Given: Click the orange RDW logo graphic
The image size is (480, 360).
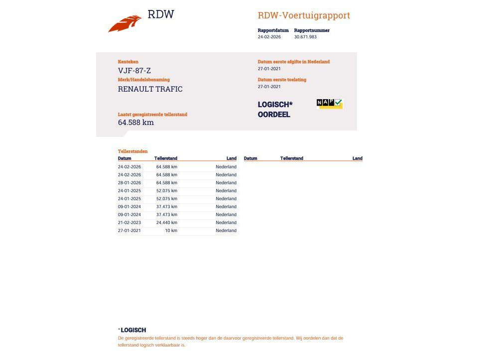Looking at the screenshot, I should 124,24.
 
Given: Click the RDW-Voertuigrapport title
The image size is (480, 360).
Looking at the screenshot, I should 304,15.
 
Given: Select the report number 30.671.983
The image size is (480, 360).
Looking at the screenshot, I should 305,37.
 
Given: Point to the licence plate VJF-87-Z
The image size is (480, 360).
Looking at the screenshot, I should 134,71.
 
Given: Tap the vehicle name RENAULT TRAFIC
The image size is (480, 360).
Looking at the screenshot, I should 150,89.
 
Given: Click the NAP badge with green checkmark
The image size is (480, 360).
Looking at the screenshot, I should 330,103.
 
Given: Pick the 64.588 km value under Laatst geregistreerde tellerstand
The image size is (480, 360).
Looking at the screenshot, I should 136,122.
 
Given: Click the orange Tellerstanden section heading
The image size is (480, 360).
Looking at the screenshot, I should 133,151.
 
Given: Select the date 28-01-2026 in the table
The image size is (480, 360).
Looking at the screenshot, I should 129,183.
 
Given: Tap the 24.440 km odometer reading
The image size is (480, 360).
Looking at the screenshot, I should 167,223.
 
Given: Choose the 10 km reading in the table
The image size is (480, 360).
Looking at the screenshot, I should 171,231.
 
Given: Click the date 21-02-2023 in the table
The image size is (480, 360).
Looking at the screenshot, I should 129,223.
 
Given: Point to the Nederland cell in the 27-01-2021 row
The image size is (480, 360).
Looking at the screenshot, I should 226,231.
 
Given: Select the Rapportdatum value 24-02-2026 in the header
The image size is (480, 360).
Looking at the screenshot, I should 269,37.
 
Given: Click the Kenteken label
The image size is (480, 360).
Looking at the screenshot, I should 128,62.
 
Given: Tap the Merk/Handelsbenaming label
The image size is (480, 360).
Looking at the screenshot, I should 144,80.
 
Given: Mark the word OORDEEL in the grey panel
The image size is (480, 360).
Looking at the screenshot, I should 274,115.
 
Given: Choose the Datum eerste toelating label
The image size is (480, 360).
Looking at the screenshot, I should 282,80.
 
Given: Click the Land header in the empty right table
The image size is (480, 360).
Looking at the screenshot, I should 358,158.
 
